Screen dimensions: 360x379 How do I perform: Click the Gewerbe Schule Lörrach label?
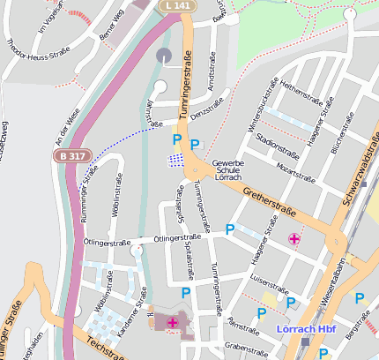(x=227, y=170)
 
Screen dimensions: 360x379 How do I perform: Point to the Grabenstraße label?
(x=245, y=348)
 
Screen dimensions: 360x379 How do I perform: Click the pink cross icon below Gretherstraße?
(x=294, y=238)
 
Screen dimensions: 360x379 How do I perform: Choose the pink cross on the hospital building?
(x=172, y=324)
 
